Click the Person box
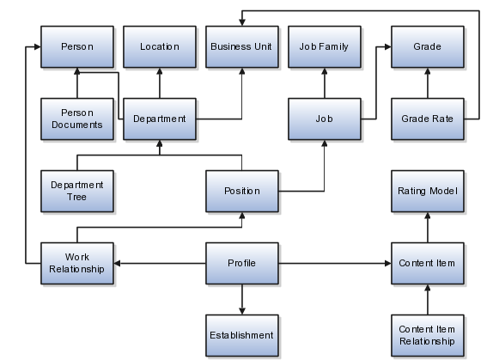click(x=77, y=46)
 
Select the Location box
click(x=160, y=46)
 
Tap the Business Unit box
click(x=242, y=46)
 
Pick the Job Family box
click(x=325, y=46)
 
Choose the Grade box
click(x=428, y=46)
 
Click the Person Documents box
click(x=77, y=119)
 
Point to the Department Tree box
click(x=77, y=191)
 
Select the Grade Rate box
click(x=428, y=119)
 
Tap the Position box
click(x=242, y=191)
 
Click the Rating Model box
click(x=428, y=191)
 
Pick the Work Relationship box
click(x=77, y=264)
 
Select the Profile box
click(x=242, y=264)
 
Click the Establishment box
click(x=242, y=335)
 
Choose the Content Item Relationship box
click(x=428, y=335)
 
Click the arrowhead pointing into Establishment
click(x=242, y=311)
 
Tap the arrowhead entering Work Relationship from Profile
click(x=117, y=264)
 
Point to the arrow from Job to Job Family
click(x=325, y=83)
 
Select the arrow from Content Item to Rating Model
click(x=428, y=228)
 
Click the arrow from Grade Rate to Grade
click(x=428, y=83)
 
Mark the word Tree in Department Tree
click(x=76, y=197)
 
